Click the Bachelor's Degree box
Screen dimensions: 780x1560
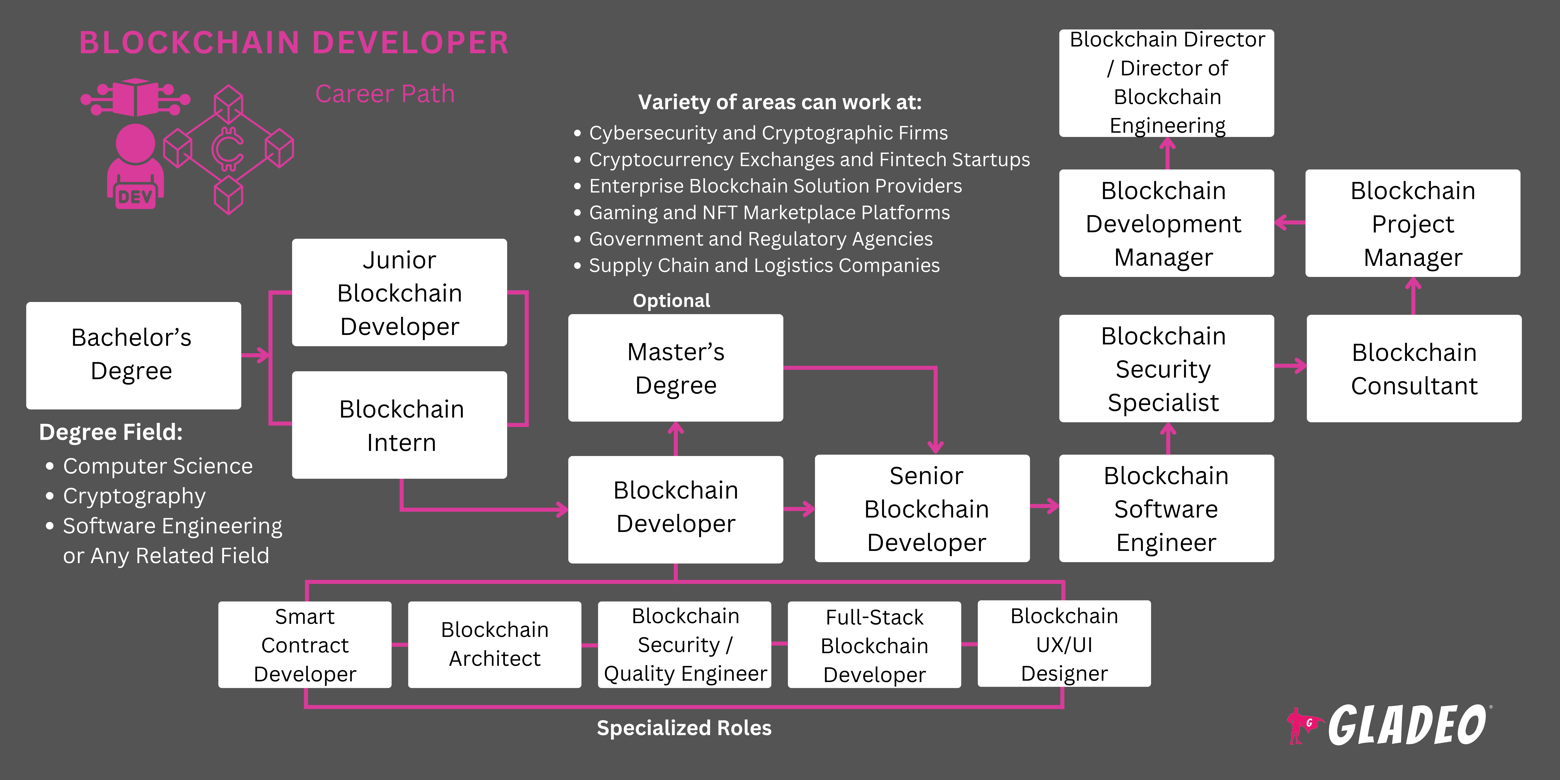[x=133, y=355]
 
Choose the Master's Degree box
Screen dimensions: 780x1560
[x=675, y=368]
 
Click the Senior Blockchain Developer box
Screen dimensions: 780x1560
[x=922, y=509]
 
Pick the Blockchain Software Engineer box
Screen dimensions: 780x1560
[x=1166, y=509]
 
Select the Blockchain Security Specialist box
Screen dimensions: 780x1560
[x=1166, y=368]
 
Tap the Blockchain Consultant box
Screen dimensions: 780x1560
[x=1414, y=368]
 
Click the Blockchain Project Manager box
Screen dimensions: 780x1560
[x=1412, y=223]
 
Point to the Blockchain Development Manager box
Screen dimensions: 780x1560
[x=1166, y=223]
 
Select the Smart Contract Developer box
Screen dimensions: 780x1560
[x=305, y=644]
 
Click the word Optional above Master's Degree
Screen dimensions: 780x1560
[x=671, y=300]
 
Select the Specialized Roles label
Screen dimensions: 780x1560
[x=684, y=727]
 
